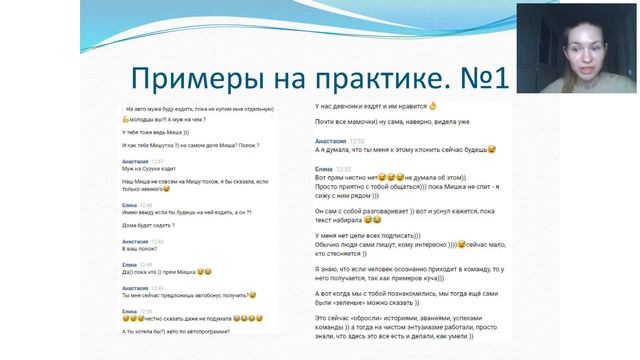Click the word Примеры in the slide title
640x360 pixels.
(x=176, y=76)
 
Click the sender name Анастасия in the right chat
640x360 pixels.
(x=330, y=141)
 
